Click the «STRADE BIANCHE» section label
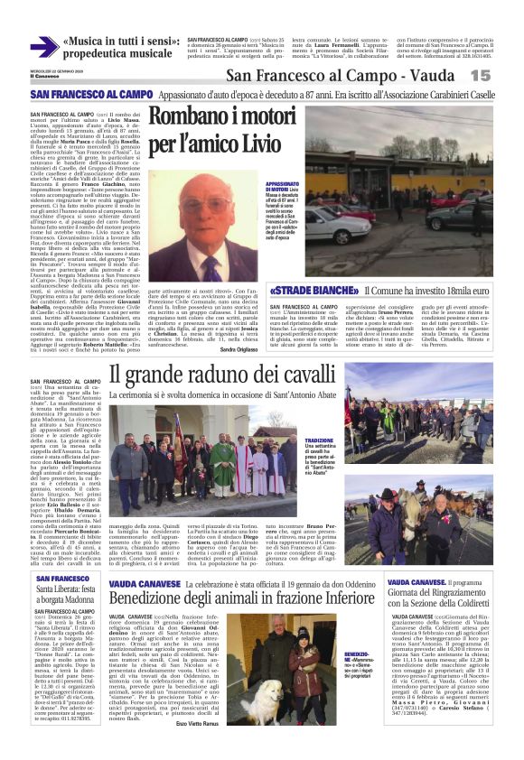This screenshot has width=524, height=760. tap(315, 291)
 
